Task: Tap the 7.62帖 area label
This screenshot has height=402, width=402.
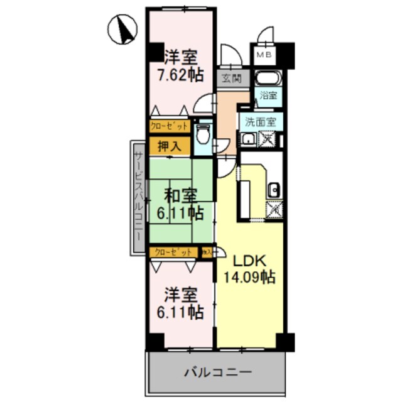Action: [x=180, y=74]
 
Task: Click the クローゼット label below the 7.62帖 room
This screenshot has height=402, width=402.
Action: [x=169, y=126]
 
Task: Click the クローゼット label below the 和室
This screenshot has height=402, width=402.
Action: [x=173, y=252]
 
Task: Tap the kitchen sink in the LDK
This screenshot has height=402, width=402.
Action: [x=273, y=190]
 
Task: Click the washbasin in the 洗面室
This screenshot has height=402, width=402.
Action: [x=249, y=139]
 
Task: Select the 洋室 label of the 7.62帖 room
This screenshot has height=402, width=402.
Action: [x=181, y=57]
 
